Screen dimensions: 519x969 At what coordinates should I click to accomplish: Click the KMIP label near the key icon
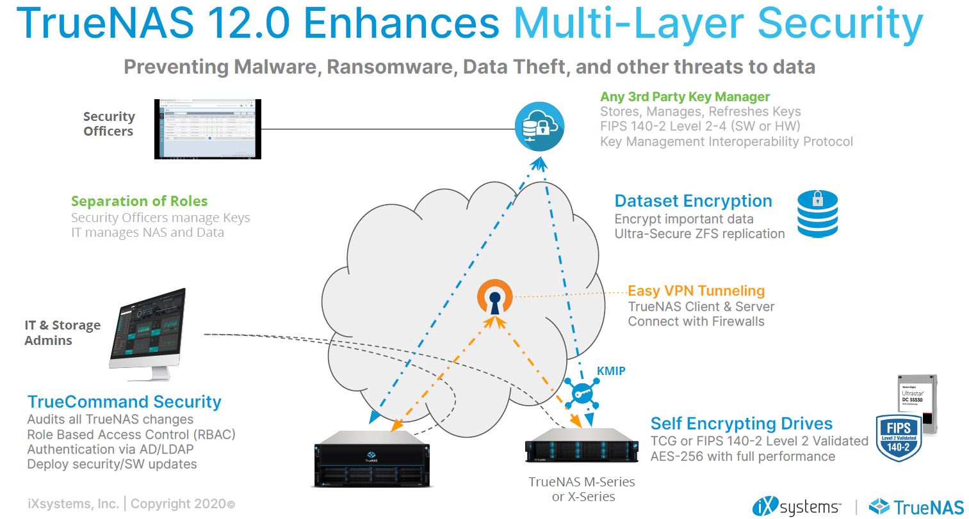pyautogui.click(x=611, y=371)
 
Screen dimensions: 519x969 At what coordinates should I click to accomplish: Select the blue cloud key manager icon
pyautogui.click(x=539, y=127)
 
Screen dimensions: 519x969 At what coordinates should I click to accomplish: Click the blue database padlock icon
pyautogui.click(x=817, y=214)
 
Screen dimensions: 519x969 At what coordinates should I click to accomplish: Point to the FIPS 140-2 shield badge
pyautogui.click(x=898, y=437)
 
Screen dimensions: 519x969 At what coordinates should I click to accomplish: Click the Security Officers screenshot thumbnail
pyautogui.click(x=208, y=129)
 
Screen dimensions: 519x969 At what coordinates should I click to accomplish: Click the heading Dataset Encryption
pyautogui.click(x=693, y=201)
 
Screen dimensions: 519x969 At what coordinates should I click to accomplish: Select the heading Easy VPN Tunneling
pyautogui.click(x=696, y=291)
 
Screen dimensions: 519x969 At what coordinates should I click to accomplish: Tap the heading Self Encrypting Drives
pyautogui.click(x=741, y=424)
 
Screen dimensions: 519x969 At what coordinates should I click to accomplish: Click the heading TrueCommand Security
pyautogui.click(x=124, y=402)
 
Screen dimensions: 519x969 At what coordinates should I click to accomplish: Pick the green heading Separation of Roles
pyautogui.click(x=139, y=201)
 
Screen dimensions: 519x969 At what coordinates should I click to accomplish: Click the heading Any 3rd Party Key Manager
pyautogui.click(x=685, y=97)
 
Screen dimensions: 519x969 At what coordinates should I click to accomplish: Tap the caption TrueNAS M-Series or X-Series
pyautogui.click(x=582, y=489)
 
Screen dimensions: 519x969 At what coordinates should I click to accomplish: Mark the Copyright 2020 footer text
pyautogui.click(x=183, y=504)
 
